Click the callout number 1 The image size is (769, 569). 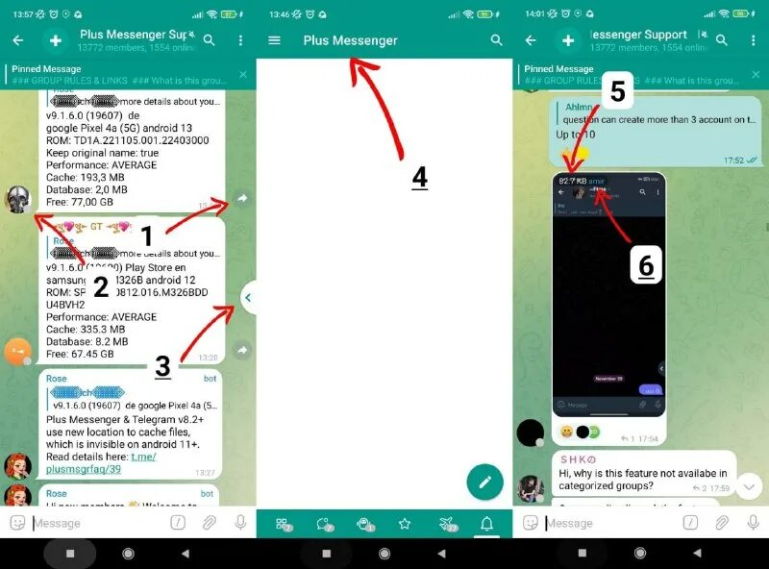(x=147, y=235)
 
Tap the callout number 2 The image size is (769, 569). (x=100, y=286)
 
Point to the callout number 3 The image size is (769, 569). (x=162, y=365)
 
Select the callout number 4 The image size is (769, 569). (x=419, y=178)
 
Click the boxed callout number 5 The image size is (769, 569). (x=617, y=92)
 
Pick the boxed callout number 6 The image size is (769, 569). (x=646, y=266)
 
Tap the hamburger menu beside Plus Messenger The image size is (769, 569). (x=275, y=40)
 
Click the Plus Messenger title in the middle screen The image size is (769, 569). (x=350, y=40)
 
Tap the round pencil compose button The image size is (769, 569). (x=484, y=482)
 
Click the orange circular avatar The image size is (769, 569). (x=17, y=351)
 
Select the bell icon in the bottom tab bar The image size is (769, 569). (x=487, y=524)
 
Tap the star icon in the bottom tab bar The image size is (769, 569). (x=405, y=524)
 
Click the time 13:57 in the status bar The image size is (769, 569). (x=23, y=14)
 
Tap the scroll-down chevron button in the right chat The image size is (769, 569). (x=749, y=486)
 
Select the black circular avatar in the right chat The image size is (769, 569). (x=531, y=433)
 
